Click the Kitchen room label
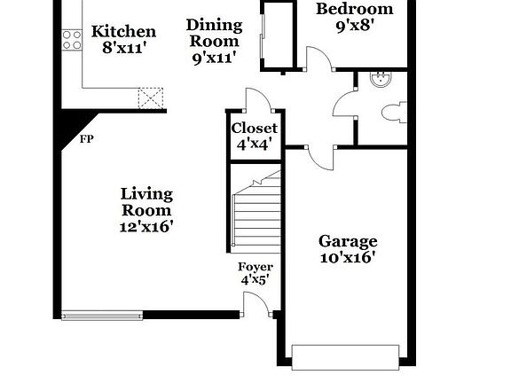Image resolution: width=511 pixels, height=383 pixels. click(x=124, y=32)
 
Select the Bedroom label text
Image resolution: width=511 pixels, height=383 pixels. click(x=355, y=9)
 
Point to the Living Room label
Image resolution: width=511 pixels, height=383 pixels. click(x=146, y=202)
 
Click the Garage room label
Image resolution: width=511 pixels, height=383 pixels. click(x=348, y=241)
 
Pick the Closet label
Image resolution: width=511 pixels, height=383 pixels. click(x=255, y=129)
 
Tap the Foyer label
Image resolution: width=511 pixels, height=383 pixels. click(x=255, y=267)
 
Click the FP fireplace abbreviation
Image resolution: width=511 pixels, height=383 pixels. click(x=87, y=139)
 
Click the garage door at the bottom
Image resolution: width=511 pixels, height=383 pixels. click(x=346, y=357)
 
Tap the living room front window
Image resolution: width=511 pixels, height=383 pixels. click(x=102, y=314)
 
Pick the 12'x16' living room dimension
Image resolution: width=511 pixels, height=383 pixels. click(x=146, y=226)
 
